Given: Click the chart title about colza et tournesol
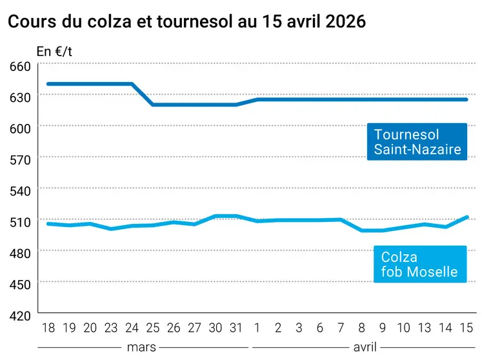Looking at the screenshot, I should pyautogui.click(x=186, y=21).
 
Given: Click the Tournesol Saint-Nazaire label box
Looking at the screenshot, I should pyautogui.click(x=417, y=142).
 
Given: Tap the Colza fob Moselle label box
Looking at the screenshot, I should pyautogui.click(x=419, y=264).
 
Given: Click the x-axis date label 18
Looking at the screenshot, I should pyautogui.click(x=48, y=328).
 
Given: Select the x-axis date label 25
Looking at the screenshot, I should pyautogui.click(x=153, y=328).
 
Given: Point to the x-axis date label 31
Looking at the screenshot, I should pyautogui.click(x=237, y=328).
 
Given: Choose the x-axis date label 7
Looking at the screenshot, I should pyautogui.click(x=341, y=328).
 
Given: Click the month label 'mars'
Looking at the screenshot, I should pyautogui.click(x=142, y=347).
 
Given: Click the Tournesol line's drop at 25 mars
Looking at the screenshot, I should pyautogui.click(x=153, y=104).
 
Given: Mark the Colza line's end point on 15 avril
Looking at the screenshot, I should pyautogui.click(x=467, y=217).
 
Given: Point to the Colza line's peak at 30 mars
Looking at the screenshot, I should pyautogui.click(x=216, y=215).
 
